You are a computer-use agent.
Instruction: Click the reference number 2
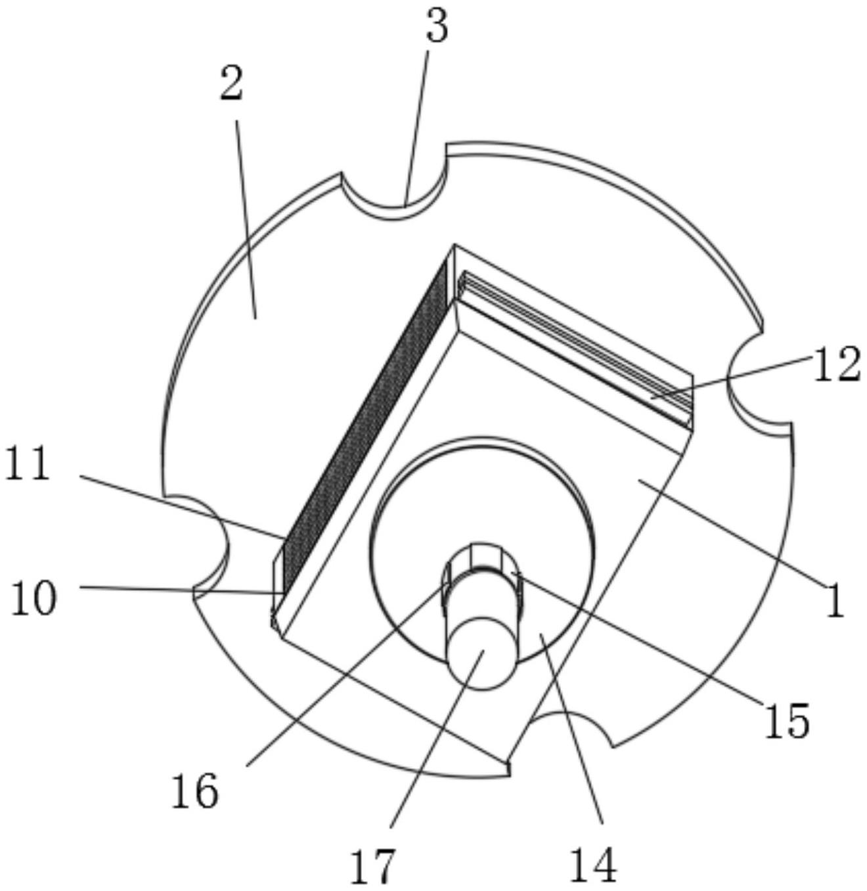point(231,85)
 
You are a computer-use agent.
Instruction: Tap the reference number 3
point(437,27)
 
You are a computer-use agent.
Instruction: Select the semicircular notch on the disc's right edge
point(752,387)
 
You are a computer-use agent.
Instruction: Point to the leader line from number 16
point(342,676)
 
